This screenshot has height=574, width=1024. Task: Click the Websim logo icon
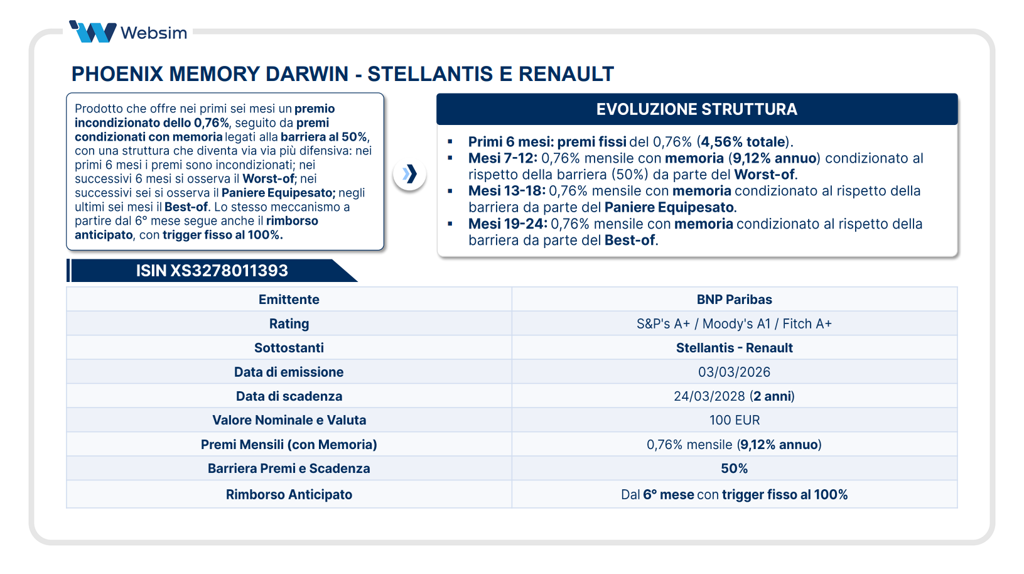[93, 31]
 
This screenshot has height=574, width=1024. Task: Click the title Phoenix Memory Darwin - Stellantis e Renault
[342, 74]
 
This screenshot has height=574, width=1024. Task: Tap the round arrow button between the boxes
[409, 174]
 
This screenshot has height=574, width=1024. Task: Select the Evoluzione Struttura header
[696, 109]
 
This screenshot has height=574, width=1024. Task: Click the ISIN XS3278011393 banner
[212, 271]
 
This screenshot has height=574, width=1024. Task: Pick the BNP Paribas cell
[734, 300]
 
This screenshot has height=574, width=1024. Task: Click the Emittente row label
[289, 300]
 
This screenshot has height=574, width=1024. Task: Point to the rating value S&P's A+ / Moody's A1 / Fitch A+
[734, 324]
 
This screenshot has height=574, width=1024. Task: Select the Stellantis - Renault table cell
[734, 348]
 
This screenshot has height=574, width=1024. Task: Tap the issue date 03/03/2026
[734, 372]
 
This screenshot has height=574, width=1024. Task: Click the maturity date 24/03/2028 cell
[734, 396]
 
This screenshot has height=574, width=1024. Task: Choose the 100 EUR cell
[734, 420]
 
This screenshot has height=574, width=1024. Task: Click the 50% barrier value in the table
[734, 468]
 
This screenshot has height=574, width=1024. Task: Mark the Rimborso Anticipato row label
[289, 495]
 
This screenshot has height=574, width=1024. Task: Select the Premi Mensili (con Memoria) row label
[289, 445]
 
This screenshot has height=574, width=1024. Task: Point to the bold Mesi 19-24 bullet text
[507, 224]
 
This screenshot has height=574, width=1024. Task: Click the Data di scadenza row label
[289, 396]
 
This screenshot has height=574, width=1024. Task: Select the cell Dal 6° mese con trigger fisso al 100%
[734, 495]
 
